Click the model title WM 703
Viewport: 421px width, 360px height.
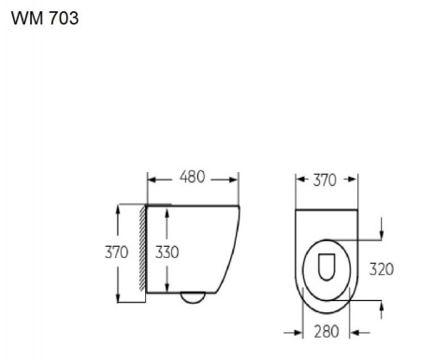pyautogui.click(x=44, y=20)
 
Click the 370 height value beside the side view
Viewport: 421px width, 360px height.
pyautogui.click(x=115, y=252)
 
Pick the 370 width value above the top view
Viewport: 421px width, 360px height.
pyautogui.click(x=327, y=180)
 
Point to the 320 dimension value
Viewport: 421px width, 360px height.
pyautogui.click(x=381, y=269)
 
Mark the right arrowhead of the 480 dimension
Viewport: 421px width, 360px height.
pyautogui.click(x=235, y=178)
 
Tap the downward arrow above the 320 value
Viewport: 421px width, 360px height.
pyautogui.click(x=382, y=233)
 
